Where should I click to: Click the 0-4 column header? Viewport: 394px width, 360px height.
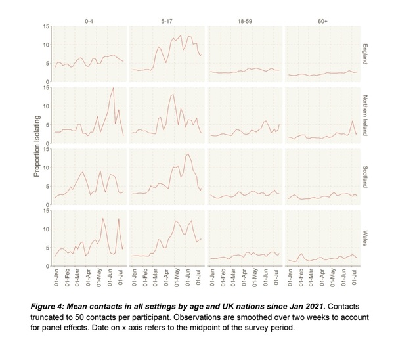(x=89, y=22)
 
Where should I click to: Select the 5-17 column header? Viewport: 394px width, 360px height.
(x=167, y=22)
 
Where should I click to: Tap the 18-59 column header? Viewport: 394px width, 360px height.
(x=245, y=22)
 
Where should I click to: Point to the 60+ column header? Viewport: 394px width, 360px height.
(x=322, y=22)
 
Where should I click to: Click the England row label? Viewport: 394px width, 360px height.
(x=365, y=54)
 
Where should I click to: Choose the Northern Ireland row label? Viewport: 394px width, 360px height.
(x=365, y=116)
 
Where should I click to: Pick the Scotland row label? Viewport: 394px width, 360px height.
(x=365, y=177)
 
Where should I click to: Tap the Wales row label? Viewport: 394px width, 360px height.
(x=365, y=238)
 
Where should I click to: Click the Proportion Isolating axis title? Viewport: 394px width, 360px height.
(x=37, y=146)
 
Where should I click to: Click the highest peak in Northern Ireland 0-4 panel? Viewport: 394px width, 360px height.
(x=114, y=88)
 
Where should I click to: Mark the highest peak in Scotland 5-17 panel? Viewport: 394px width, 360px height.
(x=188, y=154)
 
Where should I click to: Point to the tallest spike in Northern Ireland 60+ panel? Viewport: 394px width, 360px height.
(x=352, y=121)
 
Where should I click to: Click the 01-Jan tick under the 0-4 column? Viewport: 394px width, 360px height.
(x=56, y=277)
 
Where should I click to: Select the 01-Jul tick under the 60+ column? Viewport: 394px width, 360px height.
(x=355, y=277)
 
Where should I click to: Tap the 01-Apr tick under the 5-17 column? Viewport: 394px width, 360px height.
(x=166, y=277)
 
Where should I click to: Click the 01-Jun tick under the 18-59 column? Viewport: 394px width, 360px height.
(x=266, y=277)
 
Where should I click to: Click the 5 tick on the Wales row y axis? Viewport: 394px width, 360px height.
(x=48, y=248)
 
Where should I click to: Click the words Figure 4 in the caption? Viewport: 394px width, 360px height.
(x=47, y=307)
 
